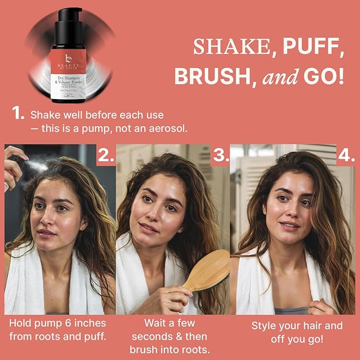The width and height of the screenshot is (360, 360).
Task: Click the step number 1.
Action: pyautogui.click(x=18, y=113)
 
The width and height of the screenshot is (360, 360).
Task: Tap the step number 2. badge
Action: pyautogui.click(x=106, y=155)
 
